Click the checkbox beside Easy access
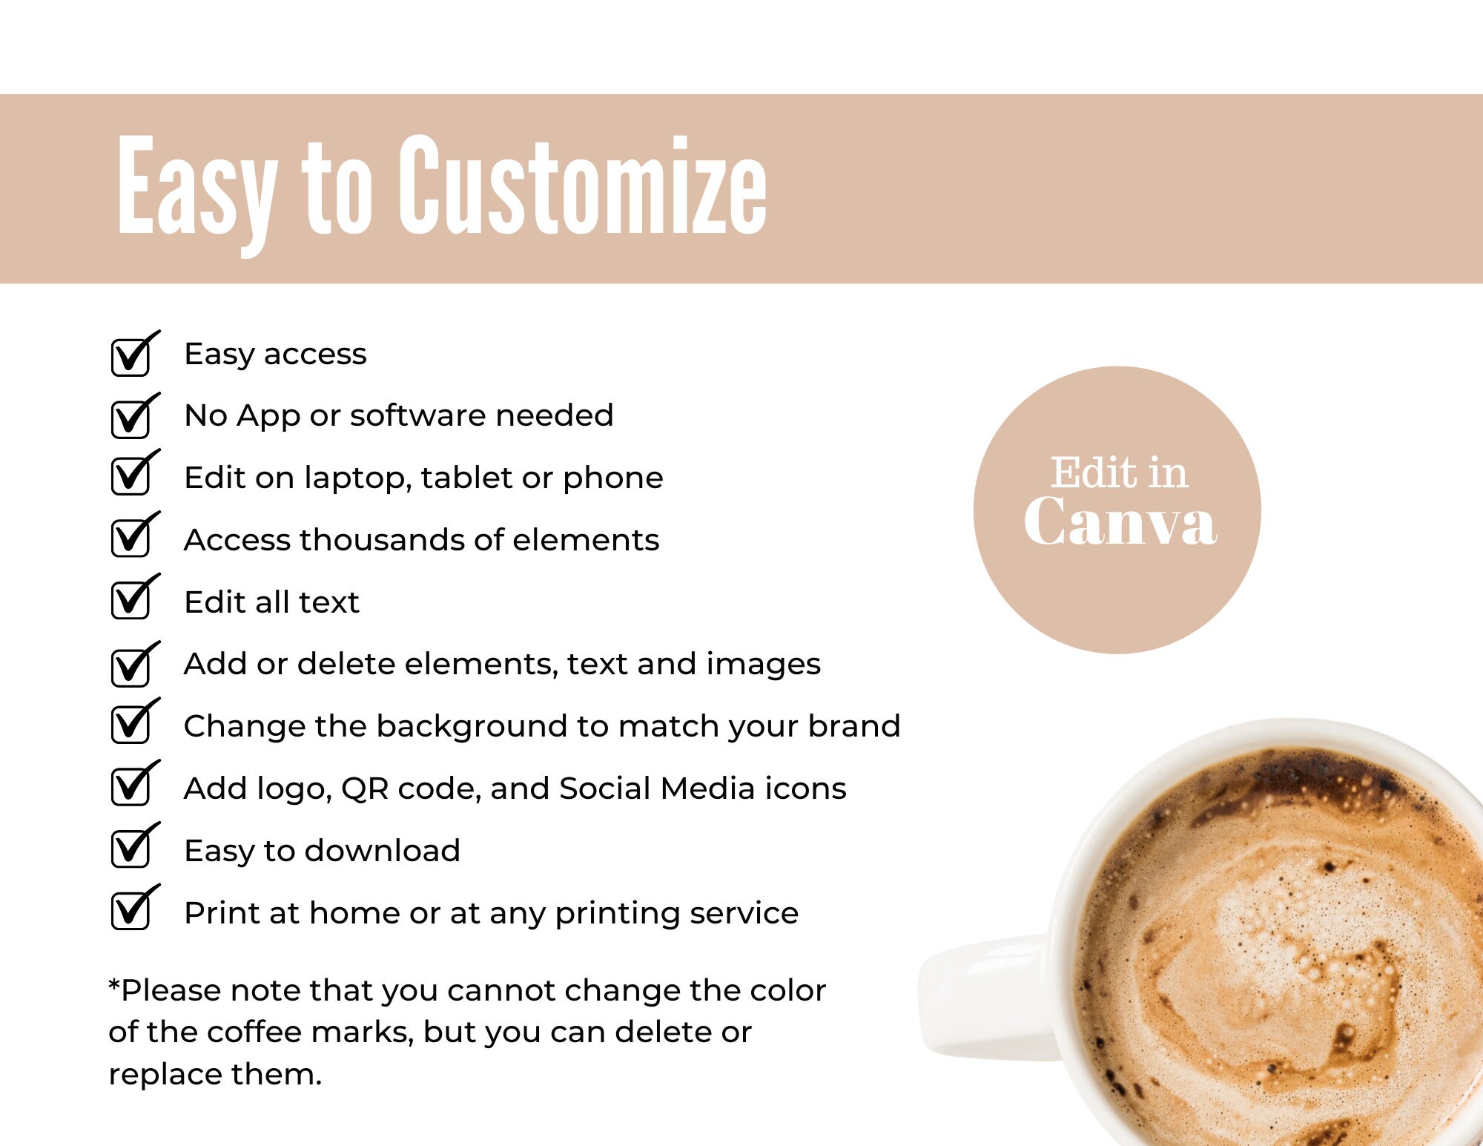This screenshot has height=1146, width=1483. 131,357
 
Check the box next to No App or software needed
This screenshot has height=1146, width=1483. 131,418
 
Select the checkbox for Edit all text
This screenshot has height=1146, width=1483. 131,599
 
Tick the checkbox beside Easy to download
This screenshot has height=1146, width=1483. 131,848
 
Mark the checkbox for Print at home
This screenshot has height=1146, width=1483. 131,910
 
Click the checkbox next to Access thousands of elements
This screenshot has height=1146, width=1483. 131,537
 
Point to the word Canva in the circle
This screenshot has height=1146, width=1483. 1120,522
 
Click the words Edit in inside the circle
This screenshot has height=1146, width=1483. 1119,472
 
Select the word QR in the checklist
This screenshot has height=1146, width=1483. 365,788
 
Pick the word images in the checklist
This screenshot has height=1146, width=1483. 763,664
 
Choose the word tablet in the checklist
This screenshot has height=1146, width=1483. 466,478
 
